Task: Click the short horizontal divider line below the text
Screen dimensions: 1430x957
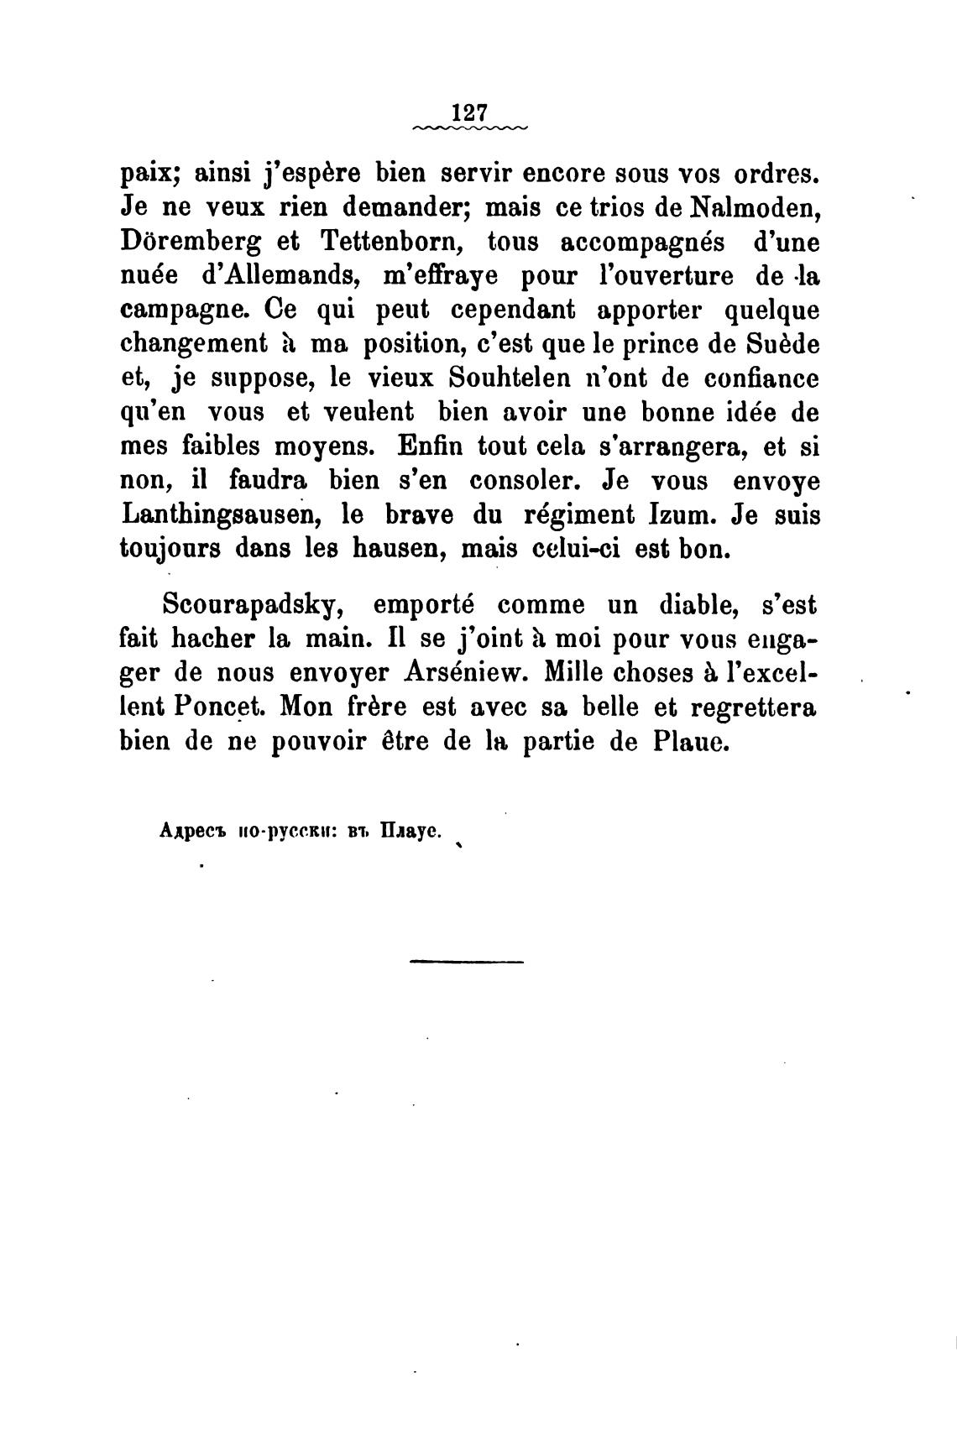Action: (x=467, y=961)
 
